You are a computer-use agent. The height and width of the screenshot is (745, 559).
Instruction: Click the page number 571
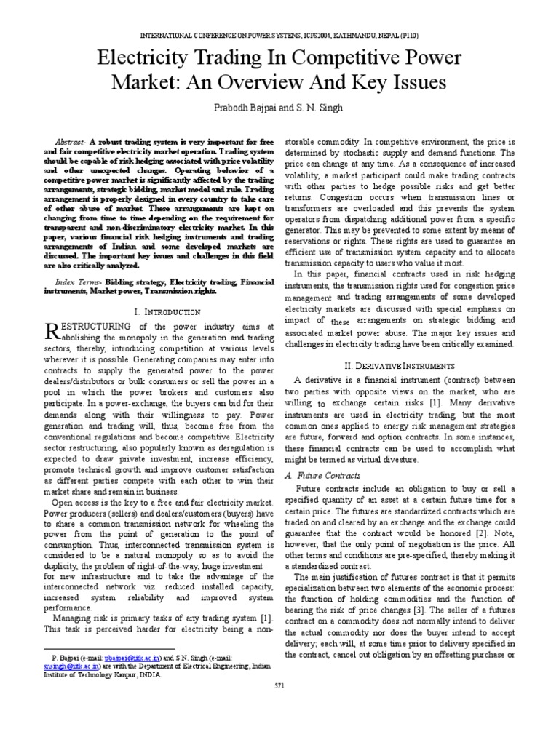tap(279, 685)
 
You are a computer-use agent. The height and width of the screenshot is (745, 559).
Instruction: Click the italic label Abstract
tap(71, 140)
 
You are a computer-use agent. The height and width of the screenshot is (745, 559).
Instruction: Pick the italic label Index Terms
tap(78, 281)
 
